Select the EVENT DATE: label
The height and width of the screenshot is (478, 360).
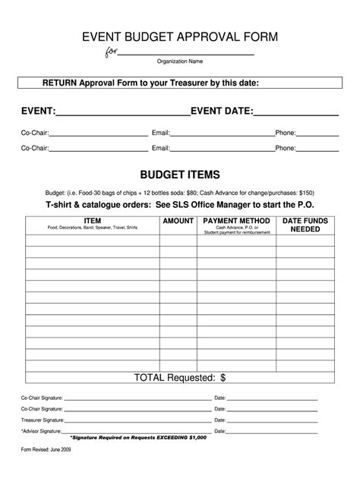222,112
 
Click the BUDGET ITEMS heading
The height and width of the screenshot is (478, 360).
180,174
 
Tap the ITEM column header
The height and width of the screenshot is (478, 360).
92,220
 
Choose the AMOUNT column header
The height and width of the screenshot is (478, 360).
178,220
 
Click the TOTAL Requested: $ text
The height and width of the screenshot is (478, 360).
180,376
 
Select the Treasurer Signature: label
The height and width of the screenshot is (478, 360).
43,420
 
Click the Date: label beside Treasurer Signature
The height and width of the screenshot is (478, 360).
220,420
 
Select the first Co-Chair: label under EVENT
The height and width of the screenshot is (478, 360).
34,133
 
